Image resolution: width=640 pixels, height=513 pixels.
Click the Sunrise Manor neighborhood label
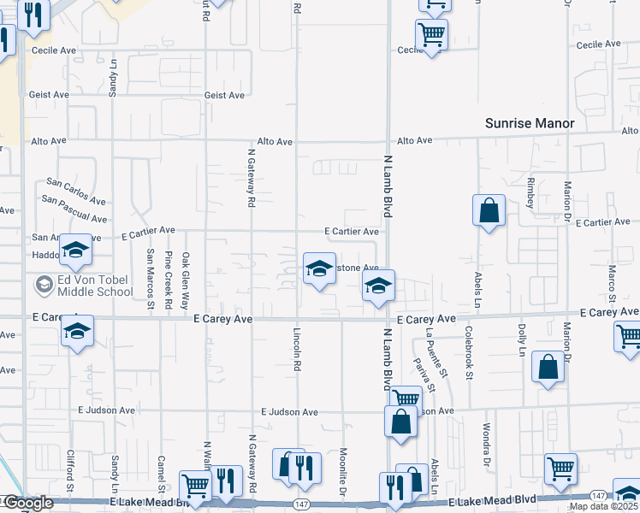(530, 123)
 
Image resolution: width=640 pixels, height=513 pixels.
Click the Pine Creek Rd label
(169, 278)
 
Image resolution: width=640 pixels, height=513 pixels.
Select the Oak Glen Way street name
(185, 277)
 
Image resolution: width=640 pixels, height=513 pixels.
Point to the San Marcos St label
(150, 278)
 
